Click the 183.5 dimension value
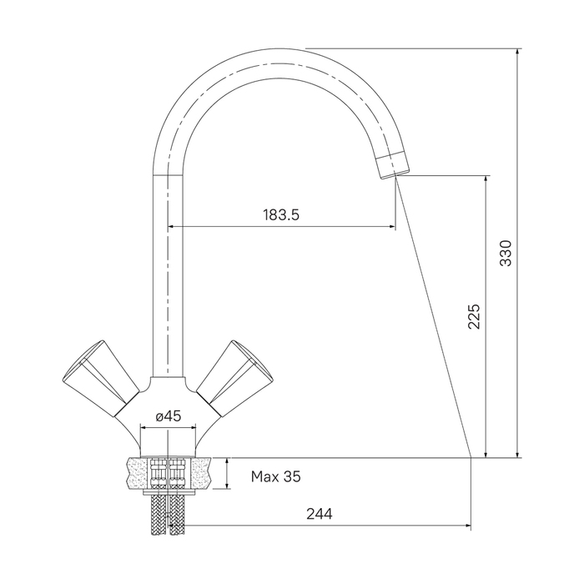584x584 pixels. click(x=281, y=215)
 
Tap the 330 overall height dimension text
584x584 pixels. click(x=506, y=254)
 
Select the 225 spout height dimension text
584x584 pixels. click(x=474, y=316)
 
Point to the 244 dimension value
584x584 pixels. click(x=320, y=514)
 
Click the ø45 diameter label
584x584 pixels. click(x=169, y=416)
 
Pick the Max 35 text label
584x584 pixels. click(x=275, y=476)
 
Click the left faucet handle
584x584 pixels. click(x=101, y=377)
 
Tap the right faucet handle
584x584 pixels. click(x=234, y=377)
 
